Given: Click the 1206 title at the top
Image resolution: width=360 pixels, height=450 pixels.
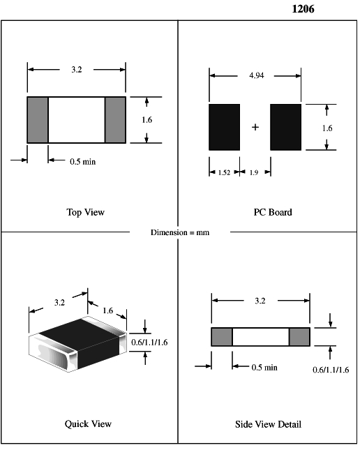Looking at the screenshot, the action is click(x=303, y=9).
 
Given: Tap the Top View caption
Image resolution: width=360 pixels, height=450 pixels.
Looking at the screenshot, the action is click(x=86, y=212).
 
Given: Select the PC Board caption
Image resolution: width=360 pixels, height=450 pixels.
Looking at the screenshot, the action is click(x=273, y=212).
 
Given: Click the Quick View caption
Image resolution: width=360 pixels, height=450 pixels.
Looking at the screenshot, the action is click(x=88, y=424).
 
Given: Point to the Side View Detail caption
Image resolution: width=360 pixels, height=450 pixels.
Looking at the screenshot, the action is click(x=268, y=424).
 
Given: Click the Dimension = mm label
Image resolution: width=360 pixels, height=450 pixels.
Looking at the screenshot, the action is click(x=180, y=232).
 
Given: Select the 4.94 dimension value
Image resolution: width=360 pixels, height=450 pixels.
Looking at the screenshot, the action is click(x=256, y=75).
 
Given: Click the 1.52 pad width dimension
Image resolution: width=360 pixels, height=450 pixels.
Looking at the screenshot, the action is click(x=224, y=172).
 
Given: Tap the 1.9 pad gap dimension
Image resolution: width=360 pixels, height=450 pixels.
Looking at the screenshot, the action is click(x=254, y=172).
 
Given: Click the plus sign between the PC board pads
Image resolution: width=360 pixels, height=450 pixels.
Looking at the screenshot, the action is click(x=255, y=127).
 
